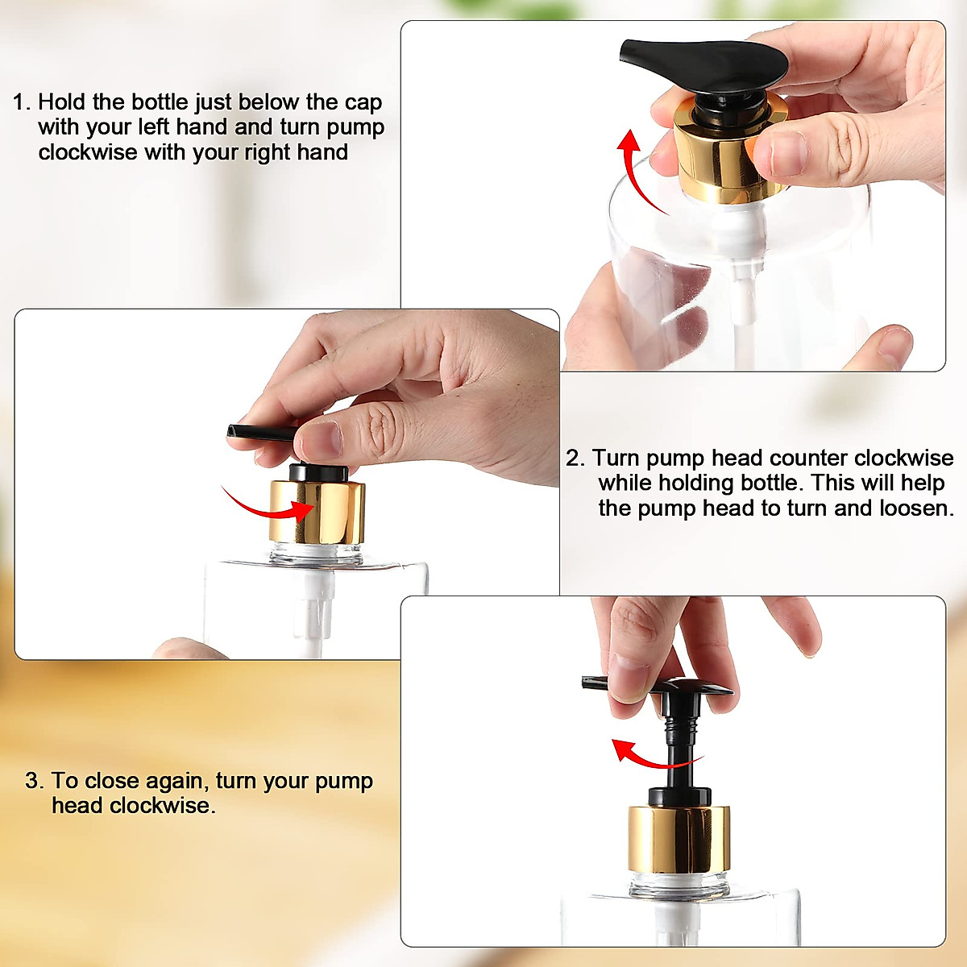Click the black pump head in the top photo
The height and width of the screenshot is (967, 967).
(x=701, y=64)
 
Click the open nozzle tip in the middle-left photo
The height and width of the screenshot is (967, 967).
(x=234, y=433)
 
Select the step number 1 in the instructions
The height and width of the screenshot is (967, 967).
(x=20, y=102)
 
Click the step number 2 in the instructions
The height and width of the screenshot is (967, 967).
(x=574, y=459)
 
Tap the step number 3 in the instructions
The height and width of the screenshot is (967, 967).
(x=33, y=781)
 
